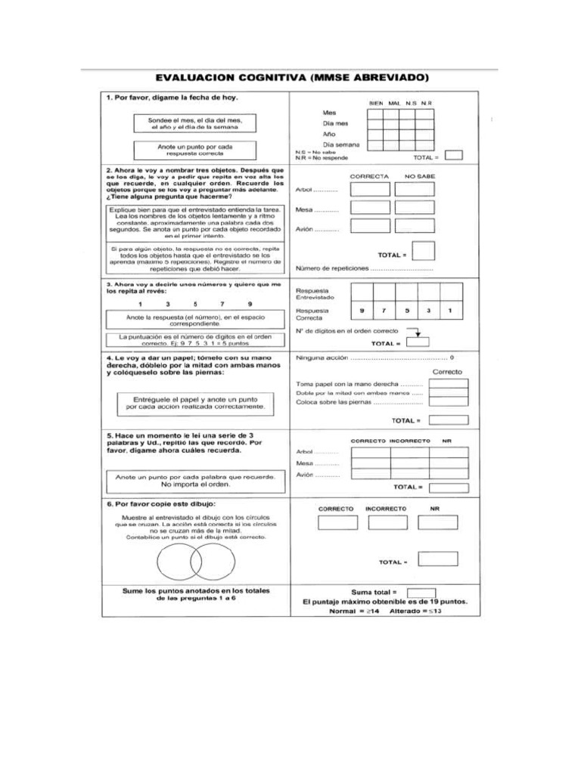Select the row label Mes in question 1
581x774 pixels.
point(329,112)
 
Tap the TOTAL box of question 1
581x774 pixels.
point(453,156)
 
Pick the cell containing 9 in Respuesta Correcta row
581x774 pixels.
point(362,311)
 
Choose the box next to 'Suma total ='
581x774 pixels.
point(421,592)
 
